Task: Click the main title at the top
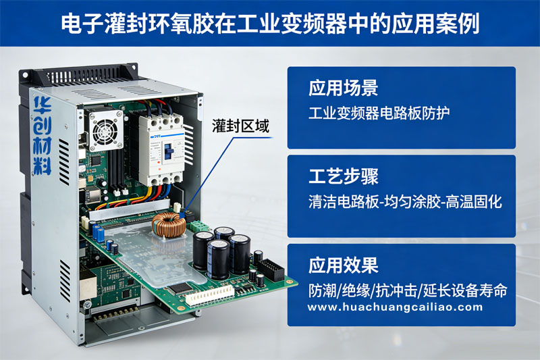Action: pos(271,24)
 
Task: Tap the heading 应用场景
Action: pos(344,88)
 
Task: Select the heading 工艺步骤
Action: pos(344,176)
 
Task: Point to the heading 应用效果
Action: pos(344,265)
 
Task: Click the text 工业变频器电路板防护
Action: pos(379,113)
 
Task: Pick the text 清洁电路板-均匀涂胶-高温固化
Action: pos(405,201)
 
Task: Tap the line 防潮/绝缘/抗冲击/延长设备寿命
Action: pos(408,290)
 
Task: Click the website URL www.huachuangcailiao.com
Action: pos(395,307)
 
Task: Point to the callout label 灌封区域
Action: pos(240,126)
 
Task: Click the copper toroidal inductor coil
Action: pos(169,225)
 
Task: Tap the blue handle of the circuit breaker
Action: pos(167,151)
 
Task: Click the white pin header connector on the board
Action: pos(210,296)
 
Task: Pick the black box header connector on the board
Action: pos(271,269)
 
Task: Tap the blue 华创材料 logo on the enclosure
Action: pos(43,136)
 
